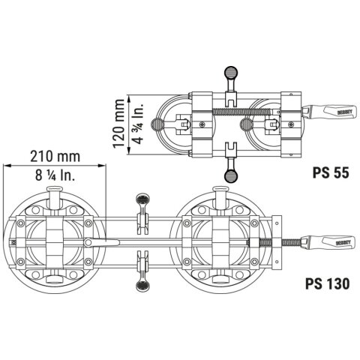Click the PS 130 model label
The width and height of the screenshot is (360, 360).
327,284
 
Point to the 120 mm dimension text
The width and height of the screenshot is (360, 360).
118,123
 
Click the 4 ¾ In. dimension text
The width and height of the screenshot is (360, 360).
138,123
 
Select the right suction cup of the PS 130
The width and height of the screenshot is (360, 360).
222,242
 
